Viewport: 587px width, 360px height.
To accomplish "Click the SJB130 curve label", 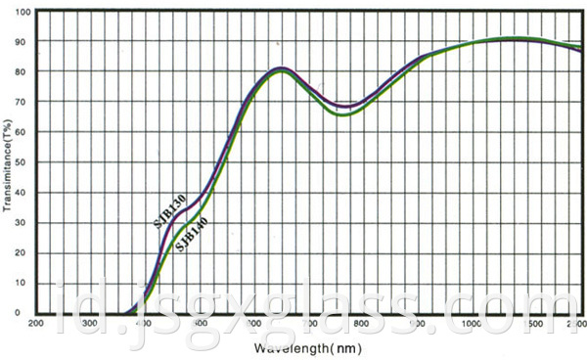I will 169,211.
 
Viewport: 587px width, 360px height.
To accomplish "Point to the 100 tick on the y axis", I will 24,12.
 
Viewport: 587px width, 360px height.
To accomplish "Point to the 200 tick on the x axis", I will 37,324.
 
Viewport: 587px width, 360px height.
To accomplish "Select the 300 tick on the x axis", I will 91,324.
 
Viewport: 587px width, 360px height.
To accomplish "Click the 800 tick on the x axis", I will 362,324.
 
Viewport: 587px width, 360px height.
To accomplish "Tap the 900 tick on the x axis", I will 417,324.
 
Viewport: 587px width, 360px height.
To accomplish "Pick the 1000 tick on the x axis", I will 471,324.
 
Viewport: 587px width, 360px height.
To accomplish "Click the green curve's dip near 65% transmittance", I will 343,115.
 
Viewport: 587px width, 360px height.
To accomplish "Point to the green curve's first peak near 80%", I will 282,71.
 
